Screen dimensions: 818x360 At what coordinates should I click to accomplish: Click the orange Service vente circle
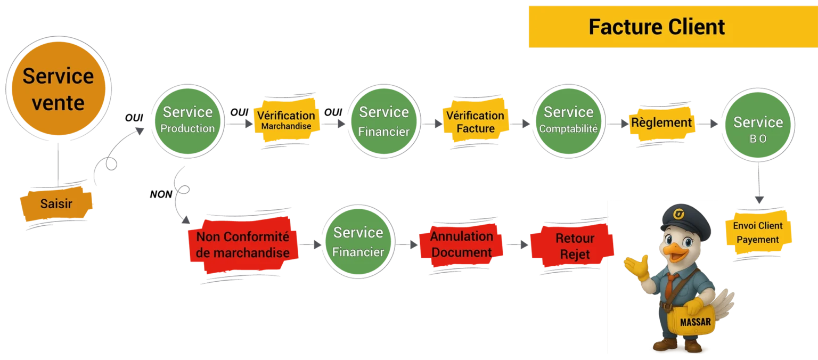(x=59, y=88)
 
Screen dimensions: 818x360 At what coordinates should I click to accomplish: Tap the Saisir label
(x=56, y=204)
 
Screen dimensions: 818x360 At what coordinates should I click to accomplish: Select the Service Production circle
(x=187, y=121)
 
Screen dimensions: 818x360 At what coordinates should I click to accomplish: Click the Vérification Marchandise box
(x=287, y=120)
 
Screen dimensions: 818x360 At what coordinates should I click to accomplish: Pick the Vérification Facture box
(x=476, y=121)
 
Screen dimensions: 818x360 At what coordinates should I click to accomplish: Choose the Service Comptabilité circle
(x=569, y=121)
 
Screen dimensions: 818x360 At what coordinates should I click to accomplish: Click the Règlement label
(x=661, y=123)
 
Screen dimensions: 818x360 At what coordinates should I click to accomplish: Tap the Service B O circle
(x=758, y=125)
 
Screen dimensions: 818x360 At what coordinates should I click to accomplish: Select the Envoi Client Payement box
(x=758, y=233)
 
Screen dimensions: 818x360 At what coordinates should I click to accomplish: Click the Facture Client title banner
(x=673, y=27)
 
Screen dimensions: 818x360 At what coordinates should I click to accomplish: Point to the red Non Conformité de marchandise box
(x=243, y=244)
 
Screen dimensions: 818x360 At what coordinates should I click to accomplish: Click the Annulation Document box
(x=462, y=244)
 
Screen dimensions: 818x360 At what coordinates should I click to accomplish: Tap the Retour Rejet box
(x=572, y=246)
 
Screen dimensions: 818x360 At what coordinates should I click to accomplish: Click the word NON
(x=161, y=194)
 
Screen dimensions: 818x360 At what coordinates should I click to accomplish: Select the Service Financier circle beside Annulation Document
(x=358, y=242)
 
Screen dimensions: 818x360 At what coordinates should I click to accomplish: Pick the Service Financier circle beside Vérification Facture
(x=384, y=121)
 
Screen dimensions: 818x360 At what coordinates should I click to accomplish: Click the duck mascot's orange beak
(x=675, y=252)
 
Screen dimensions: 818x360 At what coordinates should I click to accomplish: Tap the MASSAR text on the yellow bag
(x=696, y=322)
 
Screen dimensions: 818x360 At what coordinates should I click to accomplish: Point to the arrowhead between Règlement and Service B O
(x=714, y=124)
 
